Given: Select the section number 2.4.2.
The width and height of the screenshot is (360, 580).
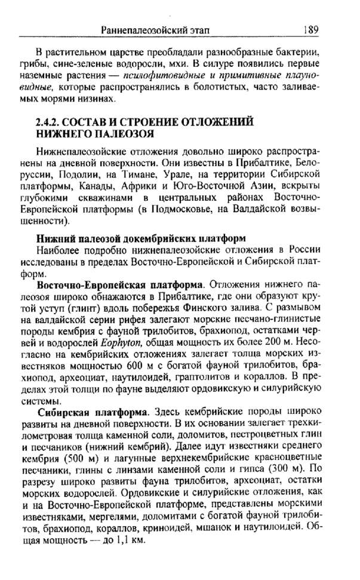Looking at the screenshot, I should pyautogui.click(x=53, y=122).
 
